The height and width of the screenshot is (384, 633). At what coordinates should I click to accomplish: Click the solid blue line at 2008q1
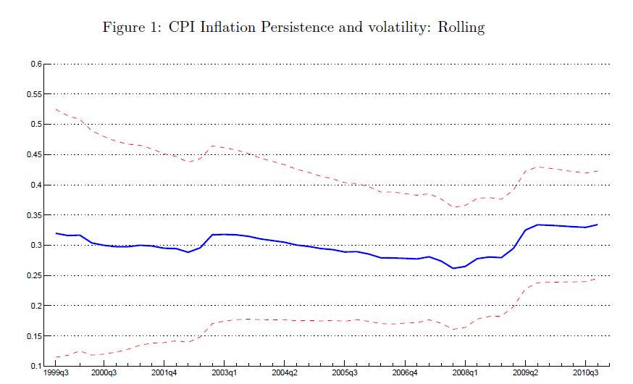pyautogui.click(x=465, y=266)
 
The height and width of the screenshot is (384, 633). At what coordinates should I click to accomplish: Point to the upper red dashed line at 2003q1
pyautogui.click(x=225, y=148)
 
